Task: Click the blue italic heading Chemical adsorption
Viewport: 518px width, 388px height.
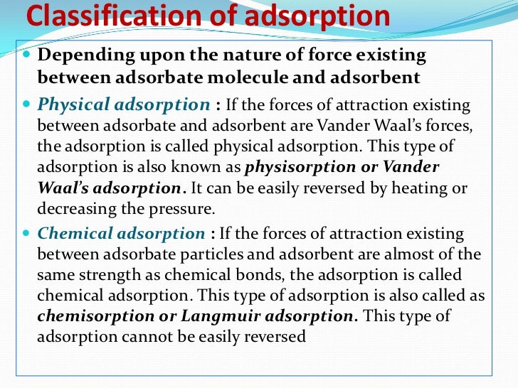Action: coord(121,233)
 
